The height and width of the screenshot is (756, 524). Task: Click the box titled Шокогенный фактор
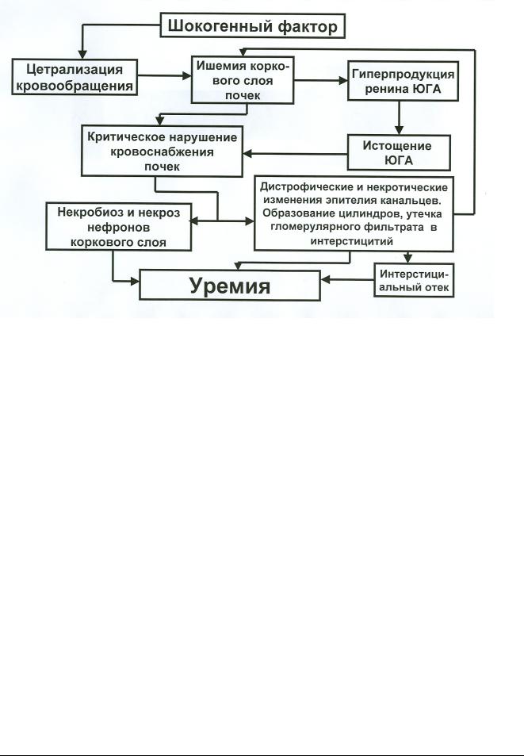pos(252,25)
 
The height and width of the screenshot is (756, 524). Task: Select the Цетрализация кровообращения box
pos(75,77)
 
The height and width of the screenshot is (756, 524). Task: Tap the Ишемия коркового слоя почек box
pos(243,80)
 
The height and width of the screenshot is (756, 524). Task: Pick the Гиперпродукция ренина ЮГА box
pos(404,81)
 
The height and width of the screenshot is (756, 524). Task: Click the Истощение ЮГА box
pos(399,153)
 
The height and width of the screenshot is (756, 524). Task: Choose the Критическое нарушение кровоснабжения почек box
pos(162,152)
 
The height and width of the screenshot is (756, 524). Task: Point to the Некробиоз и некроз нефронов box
pos(118,227)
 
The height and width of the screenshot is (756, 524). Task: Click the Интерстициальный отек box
pos(414,281)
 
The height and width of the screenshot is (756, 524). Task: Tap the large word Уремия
pos(230,286)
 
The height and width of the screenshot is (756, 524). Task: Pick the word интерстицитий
pos(352,241)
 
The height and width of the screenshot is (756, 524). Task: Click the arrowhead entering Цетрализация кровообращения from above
pos(82,54)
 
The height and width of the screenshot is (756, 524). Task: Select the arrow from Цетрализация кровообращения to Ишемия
pos(164,75)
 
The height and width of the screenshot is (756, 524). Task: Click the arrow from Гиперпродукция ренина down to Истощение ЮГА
pos(399,117)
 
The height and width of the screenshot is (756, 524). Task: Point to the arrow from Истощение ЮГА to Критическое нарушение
pos(295,154)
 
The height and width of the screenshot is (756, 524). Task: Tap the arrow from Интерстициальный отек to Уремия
pos(347,279)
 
